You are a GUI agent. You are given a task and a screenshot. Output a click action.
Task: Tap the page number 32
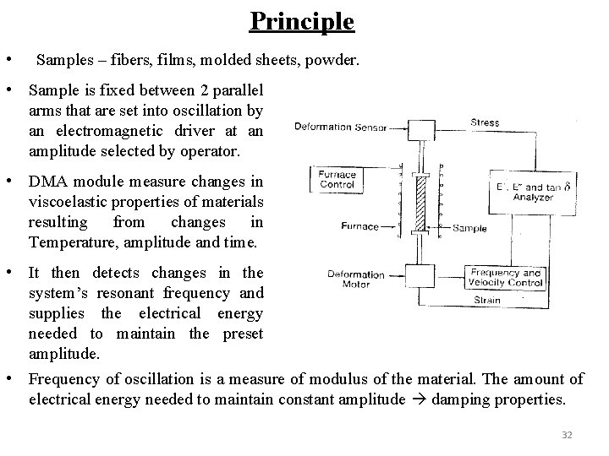[x=567, y=434]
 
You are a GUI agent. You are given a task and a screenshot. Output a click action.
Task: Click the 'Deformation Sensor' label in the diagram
[x=339, y=128]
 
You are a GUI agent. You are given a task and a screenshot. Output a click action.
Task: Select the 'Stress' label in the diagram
[x=485, y=122]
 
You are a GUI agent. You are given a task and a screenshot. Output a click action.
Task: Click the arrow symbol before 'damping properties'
[x=419, y=399]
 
